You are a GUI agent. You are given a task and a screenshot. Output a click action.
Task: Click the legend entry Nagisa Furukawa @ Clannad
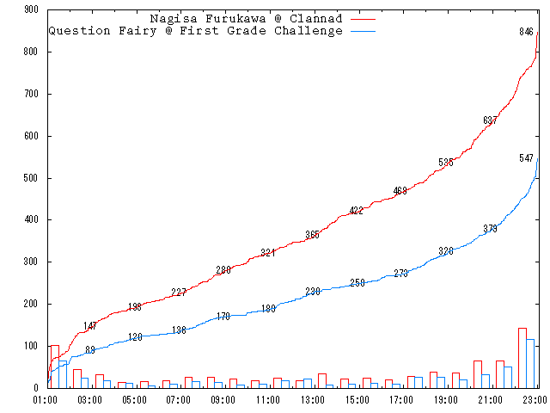coord(245,18)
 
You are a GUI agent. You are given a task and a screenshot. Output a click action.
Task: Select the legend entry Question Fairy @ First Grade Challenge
coord(195,30)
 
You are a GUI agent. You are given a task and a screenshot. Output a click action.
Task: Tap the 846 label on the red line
coord(526,32)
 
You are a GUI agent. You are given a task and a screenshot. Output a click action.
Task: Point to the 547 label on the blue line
coord(526,158)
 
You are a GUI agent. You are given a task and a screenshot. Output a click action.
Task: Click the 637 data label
coord(490,120)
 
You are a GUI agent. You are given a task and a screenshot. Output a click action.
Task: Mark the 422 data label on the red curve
coord(357,211)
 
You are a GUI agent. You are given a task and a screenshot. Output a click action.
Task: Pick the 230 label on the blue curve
coord(312,292)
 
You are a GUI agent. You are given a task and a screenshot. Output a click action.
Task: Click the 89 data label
coord(90,350)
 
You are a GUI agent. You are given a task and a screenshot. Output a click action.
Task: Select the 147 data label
coord(90,326)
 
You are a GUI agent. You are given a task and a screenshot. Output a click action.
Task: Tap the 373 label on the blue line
coord(490,229)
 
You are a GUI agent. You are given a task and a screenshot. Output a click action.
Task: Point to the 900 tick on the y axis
coord(31,9)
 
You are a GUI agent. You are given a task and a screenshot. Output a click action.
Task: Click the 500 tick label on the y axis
coord(31,178)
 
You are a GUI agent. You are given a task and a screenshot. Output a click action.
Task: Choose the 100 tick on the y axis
coord(31,346)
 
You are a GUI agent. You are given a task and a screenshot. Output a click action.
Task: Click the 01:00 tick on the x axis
coord(46,399)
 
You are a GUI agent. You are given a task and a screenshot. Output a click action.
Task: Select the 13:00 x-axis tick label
coord(313,399)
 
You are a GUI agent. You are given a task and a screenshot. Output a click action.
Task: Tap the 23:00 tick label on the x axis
coord(535,399)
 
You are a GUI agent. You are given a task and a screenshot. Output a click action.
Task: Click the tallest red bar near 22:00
coord(522,358)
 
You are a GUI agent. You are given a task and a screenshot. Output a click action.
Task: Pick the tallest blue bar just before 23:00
coord(531,363)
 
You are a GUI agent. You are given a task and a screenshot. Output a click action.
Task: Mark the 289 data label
coord(223,270)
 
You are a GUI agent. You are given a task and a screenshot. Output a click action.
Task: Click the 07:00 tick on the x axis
coord(179,399)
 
